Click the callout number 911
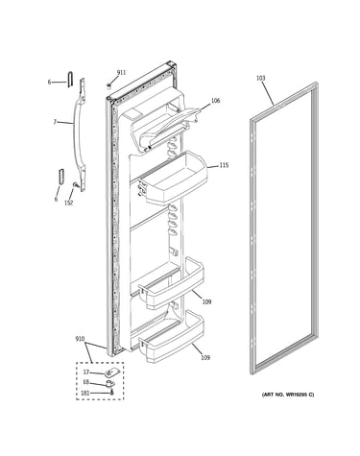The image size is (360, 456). coord(121,73)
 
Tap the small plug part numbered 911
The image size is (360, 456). coord(108,85)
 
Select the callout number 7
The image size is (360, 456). coord(55,122)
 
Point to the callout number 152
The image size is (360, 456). coord(69,203)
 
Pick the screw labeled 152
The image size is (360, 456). coord(76,184)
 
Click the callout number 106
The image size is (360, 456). coord(216,101)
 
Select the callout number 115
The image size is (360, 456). coord(224,165)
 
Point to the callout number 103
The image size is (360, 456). coord(261,78)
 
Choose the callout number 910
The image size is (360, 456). coord(80,339)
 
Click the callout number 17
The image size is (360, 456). coord(85,372)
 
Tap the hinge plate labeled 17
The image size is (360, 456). coord(109,372)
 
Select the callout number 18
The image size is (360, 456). coord(85,382)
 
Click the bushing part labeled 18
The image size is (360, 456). coord(110,383)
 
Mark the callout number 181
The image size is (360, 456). coord(85,393)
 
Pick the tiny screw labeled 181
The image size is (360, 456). coord(111,392)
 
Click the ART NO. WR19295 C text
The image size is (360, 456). coord(288,395)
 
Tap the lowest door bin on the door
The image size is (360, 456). coord(171,338)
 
